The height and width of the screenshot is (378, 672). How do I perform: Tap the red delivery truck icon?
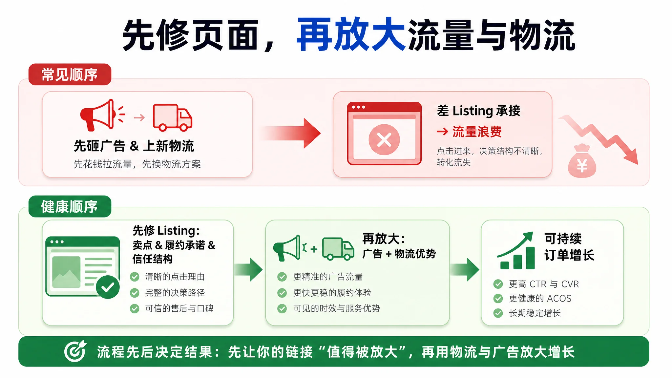coord(172,117)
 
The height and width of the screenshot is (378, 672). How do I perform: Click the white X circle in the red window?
coord(384,139)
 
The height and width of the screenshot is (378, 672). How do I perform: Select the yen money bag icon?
coord(582,161)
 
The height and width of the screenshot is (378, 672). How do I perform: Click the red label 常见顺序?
coord(70,74)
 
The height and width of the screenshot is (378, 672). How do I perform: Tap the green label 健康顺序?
coord(70,206)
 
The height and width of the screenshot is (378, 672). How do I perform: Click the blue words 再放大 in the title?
coord(351,34)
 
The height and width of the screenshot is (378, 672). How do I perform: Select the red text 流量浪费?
coord(477,132)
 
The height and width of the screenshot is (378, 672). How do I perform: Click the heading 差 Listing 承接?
coord(479,111)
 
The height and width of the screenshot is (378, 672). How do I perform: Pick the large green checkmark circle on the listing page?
coord(108,287)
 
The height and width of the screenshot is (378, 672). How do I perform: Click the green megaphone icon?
coord(287,248)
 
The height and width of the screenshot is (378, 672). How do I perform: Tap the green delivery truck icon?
coord(338,249)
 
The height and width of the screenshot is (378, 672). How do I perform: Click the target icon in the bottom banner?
coord(75,351)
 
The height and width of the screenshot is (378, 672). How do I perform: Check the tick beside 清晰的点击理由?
coord(135,277)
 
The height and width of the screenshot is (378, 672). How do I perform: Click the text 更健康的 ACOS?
coord(540,298)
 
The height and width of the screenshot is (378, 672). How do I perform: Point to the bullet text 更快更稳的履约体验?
coord(332,292)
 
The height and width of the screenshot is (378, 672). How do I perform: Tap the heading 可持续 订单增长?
coord(569,247)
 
